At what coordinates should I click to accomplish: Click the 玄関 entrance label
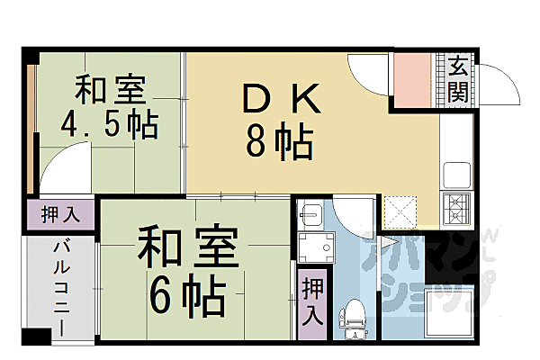[458, 79]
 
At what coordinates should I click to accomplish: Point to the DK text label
[279, 100]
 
